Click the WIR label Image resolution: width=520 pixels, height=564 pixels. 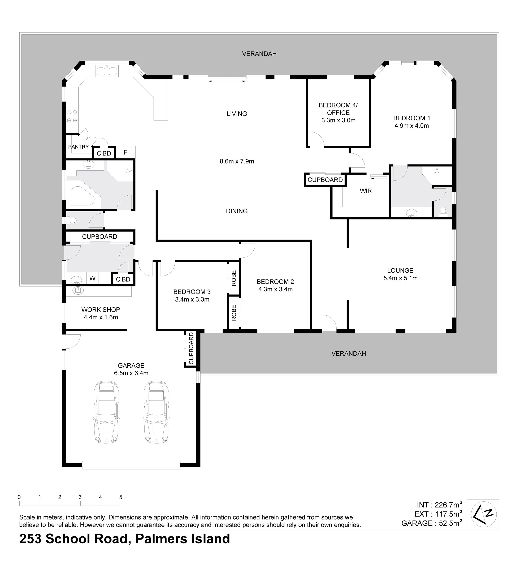(x=366, y=191)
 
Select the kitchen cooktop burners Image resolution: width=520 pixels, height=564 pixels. (x=72, y=116)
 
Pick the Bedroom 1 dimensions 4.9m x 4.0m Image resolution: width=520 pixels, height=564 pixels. (x=412, y=126)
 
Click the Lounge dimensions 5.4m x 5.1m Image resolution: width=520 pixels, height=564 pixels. (x=400, y=278)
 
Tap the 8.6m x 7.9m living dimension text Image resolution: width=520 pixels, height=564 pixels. (x=237, y=161)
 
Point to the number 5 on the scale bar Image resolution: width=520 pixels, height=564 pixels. (x=121, y=497)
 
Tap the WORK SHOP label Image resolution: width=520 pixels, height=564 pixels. (x=101, y=310)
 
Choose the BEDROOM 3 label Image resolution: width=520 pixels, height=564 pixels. (x=192, y=292)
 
